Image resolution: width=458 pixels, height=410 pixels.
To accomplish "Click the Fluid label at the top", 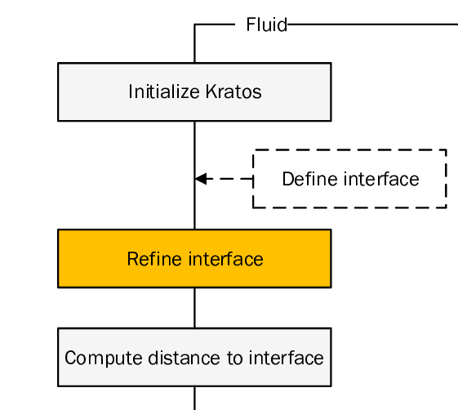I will click(x=267, y=25).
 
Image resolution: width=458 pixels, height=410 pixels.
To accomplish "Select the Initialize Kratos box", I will click(x=194, y=91).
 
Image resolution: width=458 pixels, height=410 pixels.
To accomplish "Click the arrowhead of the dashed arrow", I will click(x=201, y=179).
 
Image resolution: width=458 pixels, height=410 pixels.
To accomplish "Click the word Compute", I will click(x=93, y=358).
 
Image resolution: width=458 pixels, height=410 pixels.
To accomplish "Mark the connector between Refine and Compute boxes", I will click(x=194, y=308).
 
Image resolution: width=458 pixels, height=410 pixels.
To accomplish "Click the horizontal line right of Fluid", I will click(x=372, y=25).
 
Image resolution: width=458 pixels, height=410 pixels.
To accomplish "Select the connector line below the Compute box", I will click(x=194, y=398).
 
